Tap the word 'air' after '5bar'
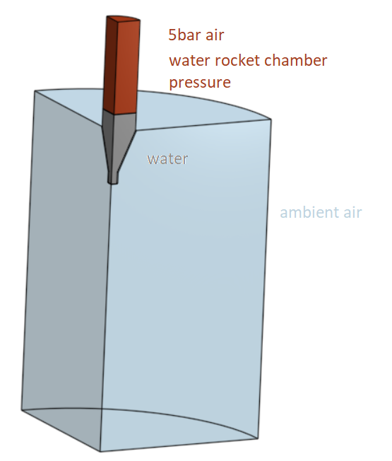click(x=215, y=35)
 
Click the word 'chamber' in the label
click(x=296, y=60)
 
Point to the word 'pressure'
click(x=200, y=83)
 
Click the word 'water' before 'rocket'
click(x=190, y=60)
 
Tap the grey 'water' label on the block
click(x=167, y=159)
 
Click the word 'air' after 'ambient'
click(x=352, y=212)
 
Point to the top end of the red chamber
click(x=124, y=18)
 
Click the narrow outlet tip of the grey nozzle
click(x=113, y=182)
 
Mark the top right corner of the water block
click(x=271, y=119)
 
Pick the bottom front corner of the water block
click(x=100, y=451)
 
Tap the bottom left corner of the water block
click(x=21, y=409)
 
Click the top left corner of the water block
click(x=35, y=91)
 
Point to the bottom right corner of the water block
click(x=259, y=438)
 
